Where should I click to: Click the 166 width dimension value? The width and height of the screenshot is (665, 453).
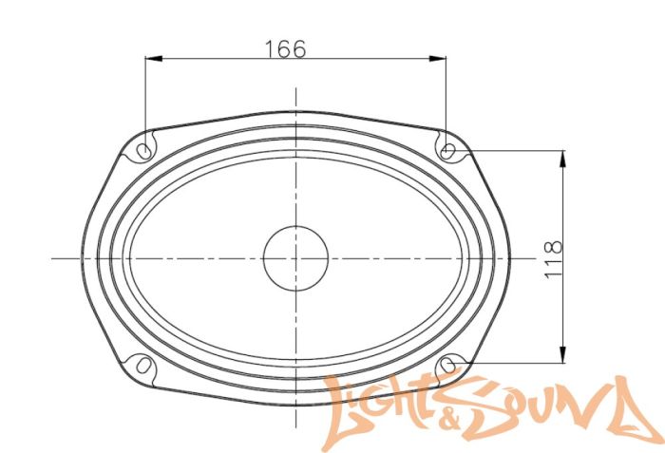click(285, 49)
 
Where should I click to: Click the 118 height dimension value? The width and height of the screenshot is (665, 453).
click(555, 258)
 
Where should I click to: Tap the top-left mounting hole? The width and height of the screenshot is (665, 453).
click(143, 151)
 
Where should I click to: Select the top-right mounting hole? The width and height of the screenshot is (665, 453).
click(448, 149)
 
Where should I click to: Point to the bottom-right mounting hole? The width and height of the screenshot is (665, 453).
click(448, 365)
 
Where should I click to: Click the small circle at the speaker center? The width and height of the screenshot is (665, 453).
click(295, 257)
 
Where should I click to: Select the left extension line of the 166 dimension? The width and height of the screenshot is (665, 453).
click(144, 95)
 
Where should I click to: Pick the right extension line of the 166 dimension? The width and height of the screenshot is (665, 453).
click(446, 95)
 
